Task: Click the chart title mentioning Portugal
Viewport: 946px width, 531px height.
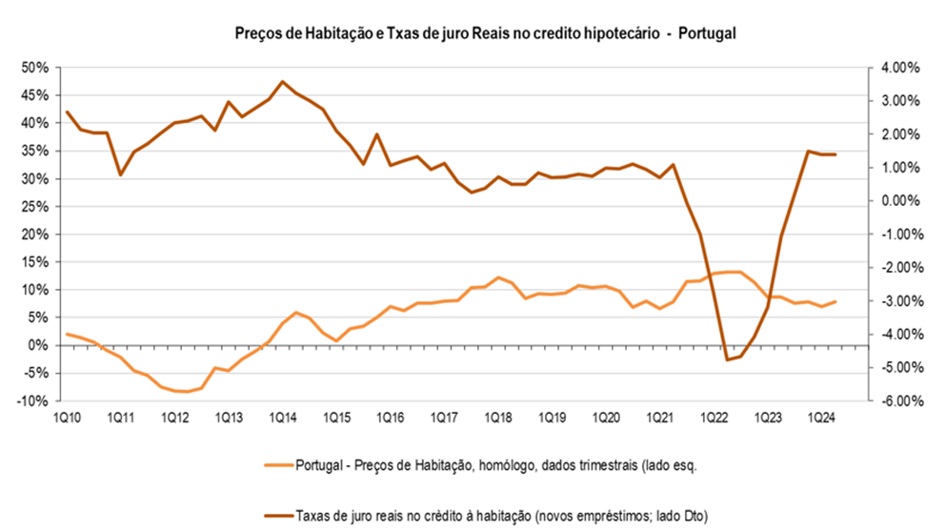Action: tap(473, 32)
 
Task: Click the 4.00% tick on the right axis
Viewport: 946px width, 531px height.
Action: tap(895, 68)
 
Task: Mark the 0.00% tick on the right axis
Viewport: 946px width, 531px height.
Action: tap(895, 201)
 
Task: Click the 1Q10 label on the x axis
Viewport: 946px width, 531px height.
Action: tap(66, 418)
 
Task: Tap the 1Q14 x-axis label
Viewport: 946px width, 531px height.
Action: tap(281, 418)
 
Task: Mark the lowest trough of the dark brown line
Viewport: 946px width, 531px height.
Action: tap(727, 359)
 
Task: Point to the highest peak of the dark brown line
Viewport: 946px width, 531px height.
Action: tap(283, 82)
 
